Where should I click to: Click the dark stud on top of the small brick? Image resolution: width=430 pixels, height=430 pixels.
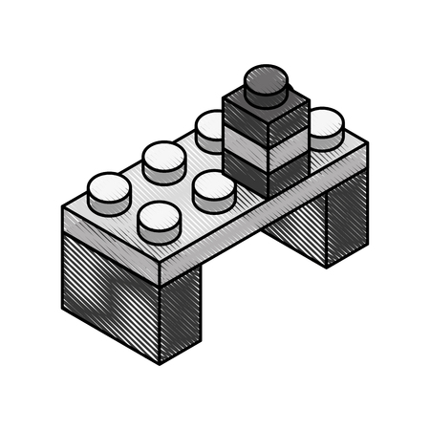pos(267,84)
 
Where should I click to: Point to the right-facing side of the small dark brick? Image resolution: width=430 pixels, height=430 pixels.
pos(289,141)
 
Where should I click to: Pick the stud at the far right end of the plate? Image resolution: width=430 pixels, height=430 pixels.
pos(326,127)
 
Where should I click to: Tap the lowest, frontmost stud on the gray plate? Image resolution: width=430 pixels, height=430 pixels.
pos(159,222)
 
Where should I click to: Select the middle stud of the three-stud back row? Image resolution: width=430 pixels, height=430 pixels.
pos(163,160)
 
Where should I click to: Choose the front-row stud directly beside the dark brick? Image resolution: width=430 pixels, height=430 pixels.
pos(213,190)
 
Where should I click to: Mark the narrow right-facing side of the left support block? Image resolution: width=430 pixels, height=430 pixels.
pos(180,315)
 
